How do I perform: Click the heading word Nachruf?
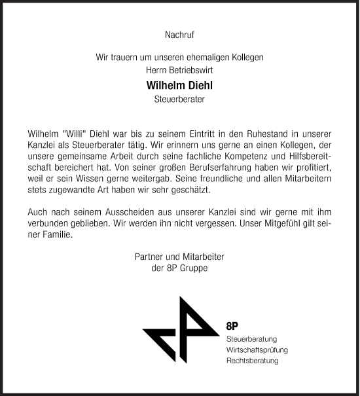click(179, 32)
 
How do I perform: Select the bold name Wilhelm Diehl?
click(179, 85)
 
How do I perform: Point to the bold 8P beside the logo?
click(232, 326)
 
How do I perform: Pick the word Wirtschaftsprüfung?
click(257, 350)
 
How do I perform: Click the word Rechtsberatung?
click(252, 361)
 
